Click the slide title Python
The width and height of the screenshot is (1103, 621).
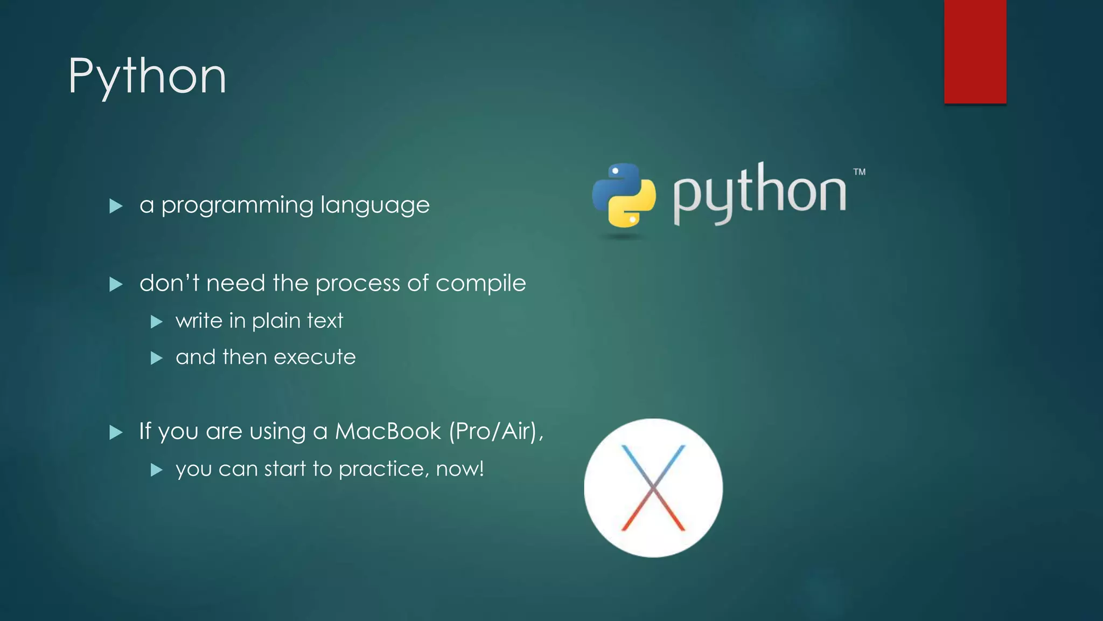pos(147,77)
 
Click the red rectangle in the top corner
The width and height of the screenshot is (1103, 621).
pos(975,51)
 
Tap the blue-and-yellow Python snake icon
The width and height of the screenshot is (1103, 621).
pos(624,195)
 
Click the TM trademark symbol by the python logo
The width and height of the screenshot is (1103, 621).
pos(859,172)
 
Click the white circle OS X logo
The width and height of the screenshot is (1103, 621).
pos(653,488)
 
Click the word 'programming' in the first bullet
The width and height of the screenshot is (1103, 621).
pos(237,206)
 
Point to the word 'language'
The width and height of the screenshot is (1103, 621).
pos(375,206)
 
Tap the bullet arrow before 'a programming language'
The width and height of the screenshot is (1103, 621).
pos(116,206)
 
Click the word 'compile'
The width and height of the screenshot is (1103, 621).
pos(480,284)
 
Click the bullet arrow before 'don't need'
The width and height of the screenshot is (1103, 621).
pos(116,284)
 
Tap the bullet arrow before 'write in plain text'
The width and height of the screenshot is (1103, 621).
pos(156,322)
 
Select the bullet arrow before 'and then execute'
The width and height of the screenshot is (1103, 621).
pos(156,358)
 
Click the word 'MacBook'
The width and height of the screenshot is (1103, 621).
pos(388,431)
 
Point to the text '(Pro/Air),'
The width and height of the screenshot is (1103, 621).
pos(496,431)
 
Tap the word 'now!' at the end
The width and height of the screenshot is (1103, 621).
pos(459,469)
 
